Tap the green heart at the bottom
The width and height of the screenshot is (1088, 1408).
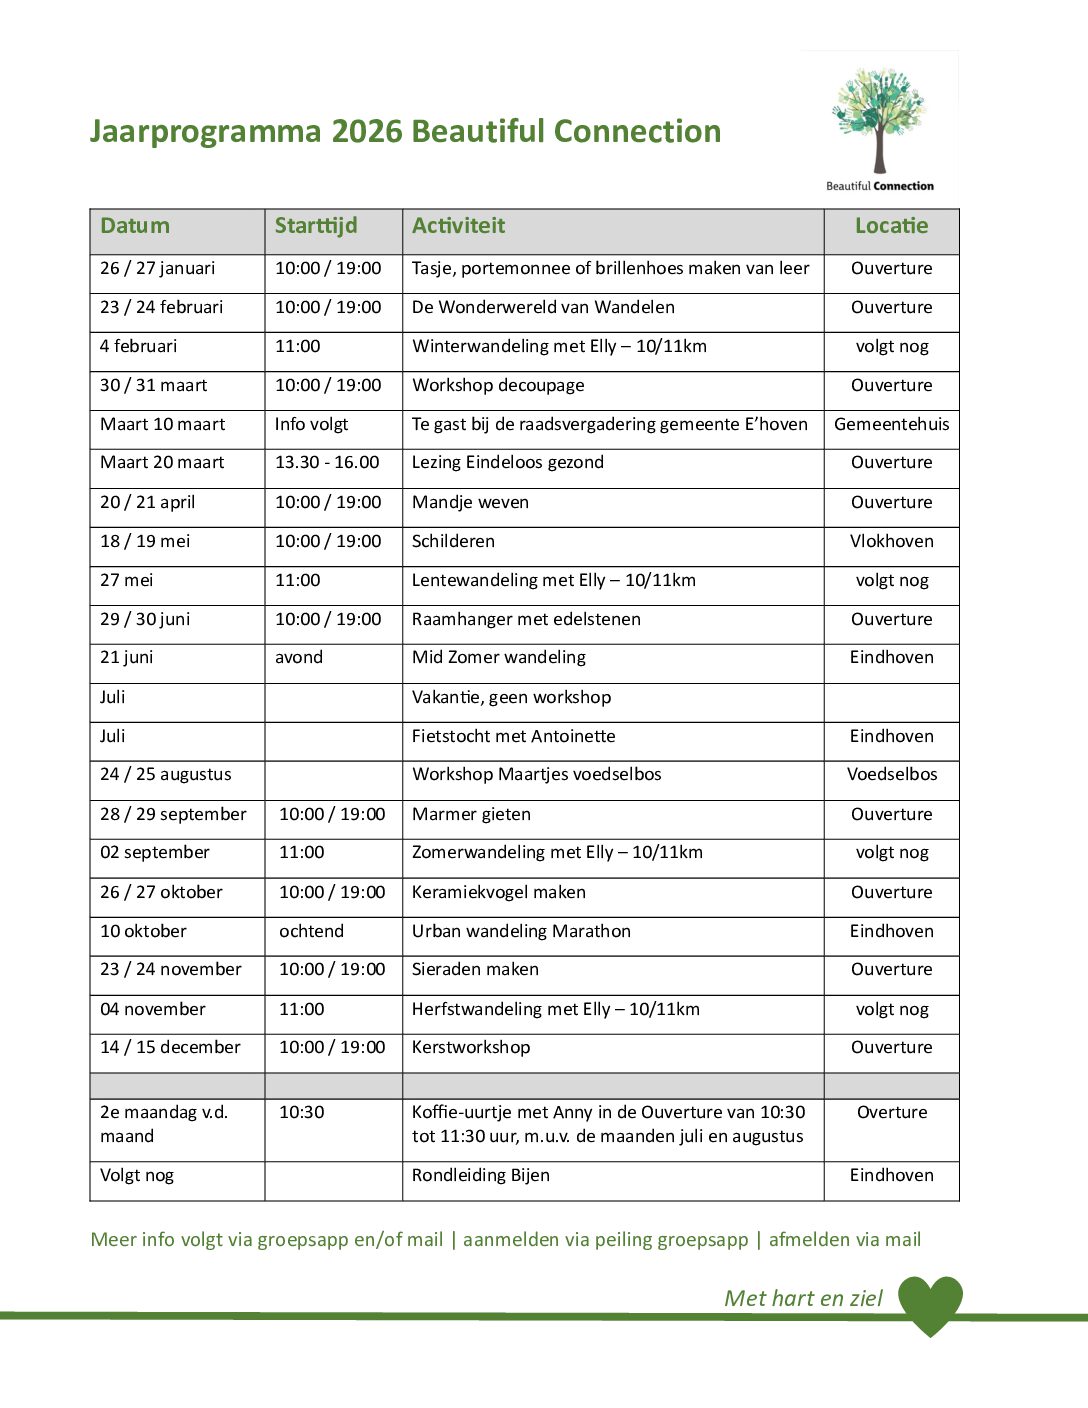930,1302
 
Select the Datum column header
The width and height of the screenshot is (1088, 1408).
135,226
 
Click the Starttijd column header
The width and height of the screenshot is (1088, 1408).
316,226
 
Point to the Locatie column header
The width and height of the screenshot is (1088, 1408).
891,226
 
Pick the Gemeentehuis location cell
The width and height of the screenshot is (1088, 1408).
891,424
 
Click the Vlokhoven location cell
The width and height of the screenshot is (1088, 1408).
891,541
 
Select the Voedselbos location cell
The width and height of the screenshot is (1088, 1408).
891,774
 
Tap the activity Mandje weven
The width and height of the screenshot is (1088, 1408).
470,502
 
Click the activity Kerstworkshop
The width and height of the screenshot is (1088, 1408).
471,1047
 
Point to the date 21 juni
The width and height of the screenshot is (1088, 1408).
126,657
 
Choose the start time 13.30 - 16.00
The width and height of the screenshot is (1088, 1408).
327,462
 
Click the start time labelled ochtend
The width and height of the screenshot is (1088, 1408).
311,931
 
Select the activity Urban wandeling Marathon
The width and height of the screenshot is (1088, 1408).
521,931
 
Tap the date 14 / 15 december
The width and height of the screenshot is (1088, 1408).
170,1047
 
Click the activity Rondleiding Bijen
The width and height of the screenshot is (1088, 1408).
481,1175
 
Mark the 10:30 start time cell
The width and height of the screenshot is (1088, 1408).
302,1112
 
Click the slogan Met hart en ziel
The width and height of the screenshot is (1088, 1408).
803,1298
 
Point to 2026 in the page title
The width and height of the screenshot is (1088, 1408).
367,131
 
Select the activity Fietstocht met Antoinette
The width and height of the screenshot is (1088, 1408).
513,736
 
